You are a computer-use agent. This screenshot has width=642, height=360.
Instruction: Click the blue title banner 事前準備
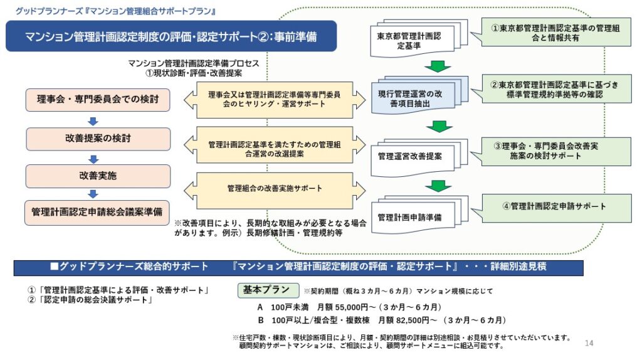coord(171,36)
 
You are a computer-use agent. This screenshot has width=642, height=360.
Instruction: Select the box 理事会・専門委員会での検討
coord(98,100)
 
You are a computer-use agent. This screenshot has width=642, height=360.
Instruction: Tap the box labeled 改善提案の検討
coord(98,139)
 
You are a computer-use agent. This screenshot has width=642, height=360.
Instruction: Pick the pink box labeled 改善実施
coord(98,176)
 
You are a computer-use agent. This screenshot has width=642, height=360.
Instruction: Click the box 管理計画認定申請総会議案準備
coord(97,213)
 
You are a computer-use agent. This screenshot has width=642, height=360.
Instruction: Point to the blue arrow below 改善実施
coord(93,194)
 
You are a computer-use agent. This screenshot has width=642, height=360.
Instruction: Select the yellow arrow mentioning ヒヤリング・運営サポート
coord(275,100)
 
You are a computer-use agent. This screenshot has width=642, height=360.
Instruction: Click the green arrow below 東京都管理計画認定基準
coord(438,66)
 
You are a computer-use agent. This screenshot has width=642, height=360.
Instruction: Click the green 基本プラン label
coord(268,290)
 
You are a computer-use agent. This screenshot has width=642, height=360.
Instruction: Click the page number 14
coord(589,343)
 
